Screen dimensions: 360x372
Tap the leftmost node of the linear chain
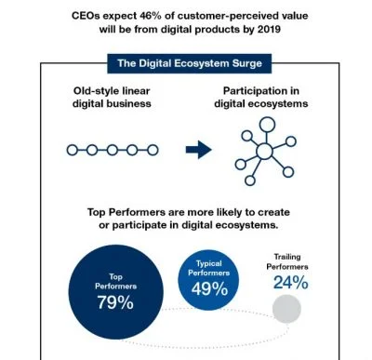[x=73, y=150]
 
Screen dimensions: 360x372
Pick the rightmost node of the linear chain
[x=153, y=150]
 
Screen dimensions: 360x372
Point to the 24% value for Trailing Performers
[x=290, y=282]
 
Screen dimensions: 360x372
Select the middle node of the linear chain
[x=113, y=150]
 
